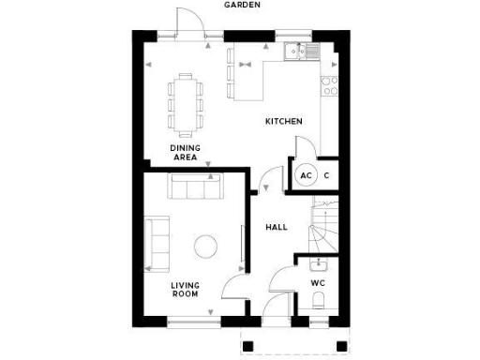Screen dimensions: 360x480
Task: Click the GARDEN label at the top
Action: click(242, 5)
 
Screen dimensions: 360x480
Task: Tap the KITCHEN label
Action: click(283, 122)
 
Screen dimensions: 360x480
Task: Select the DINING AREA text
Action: click(184, 153)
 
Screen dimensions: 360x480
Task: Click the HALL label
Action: click(277, 227)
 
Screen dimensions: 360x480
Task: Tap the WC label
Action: click(317, 282)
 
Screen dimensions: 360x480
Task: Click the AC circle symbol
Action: click(306, 175)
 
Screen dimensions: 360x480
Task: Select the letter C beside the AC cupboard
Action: click(327, 175)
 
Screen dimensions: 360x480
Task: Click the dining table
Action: click(186, 101)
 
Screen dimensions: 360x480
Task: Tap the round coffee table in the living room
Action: click(205, 247)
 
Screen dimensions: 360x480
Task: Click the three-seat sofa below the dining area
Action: click(194, 187)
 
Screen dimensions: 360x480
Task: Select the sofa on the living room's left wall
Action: click(157, 239)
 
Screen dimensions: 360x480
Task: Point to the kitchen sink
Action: click(302, 52)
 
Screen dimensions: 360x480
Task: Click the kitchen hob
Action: click(330, 85)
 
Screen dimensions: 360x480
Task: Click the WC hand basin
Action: click(318, 263)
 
